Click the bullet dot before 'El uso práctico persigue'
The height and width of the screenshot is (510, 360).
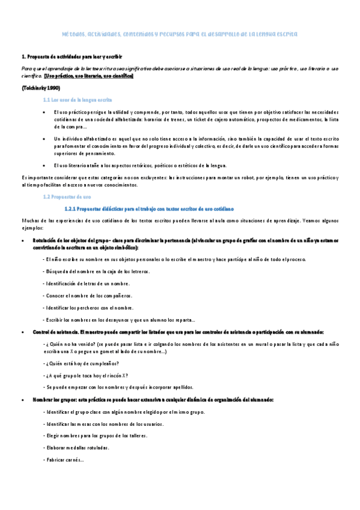point(45,112)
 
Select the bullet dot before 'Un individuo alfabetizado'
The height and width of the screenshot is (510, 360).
point(45,138)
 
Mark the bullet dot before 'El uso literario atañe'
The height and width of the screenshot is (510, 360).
point(45,165)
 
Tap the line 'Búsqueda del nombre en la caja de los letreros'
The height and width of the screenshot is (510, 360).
point(97,271)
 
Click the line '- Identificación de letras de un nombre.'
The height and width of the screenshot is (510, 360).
point(87,283)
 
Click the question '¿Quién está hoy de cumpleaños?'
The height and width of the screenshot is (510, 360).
point(82,363)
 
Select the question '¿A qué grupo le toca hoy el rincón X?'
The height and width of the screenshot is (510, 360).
point(86,375)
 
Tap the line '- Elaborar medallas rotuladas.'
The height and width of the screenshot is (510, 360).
point(76,448)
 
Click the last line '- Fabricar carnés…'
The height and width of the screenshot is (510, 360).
point(64,460)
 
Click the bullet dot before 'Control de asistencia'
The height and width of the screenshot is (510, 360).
point(23,333)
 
